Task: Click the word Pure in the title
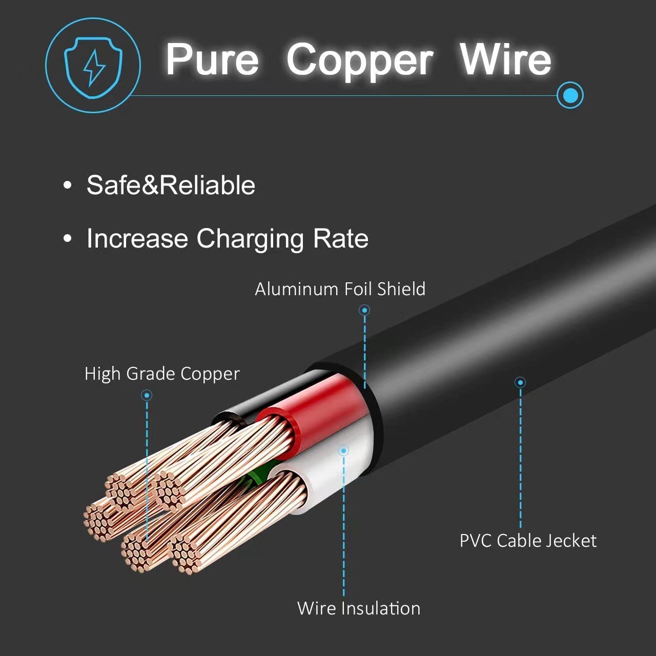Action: (x=212, y=59)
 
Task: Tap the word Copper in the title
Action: (x=360, y=60)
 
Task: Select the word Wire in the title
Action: (x=505, y=59)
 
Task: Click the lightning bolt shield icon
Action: (x=93, y=66)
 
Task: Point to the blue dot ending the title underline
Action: (x=570, y=95)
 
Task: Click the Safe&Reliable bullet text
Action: (x=171, y=185)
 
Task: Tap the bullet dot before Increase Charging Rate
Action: (x=67, y=238)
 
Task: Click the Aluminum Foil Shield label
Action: (x=340, y=289)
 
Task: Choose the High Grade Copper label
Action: (x=162, y=374)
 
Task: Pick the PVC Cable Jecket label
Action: (x=528, y=541)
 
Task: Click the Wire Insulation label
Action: (x=359, y=608)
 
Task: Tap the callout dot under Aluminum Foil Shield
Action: (x=364, y=310)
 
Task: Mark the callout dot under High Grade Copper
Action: (x=147, y=395)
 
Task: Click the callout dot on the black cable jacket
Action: (x=520, y=382)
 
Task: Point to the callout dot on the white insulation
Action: (x=343, y=450)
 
